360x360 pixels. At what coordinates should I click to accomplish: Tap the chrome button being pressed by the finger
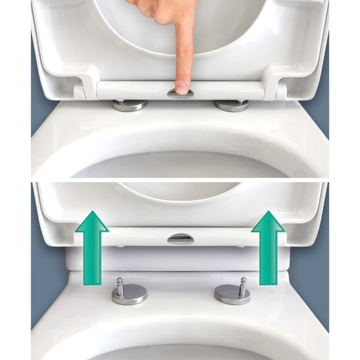(181, 93)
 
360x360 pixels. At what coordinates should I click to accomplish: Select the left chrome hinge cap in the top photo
(129, 104)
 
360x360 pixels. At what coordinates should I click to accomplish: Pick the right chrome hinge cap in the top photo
(231, 105)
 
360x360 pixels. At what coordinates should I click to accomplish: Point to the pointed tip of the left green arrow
(92, 211)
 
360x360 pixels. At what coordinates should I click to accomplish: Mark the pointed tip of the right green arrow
(268, 211)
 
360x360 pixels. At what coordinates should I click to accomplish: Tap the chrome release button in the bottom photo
(181, 239)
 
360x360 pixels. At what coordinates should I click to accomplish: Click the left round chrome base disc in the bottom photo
(129, 295)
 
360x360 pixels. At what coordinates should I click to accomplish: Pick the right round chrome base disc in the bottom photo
(232, 295)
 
